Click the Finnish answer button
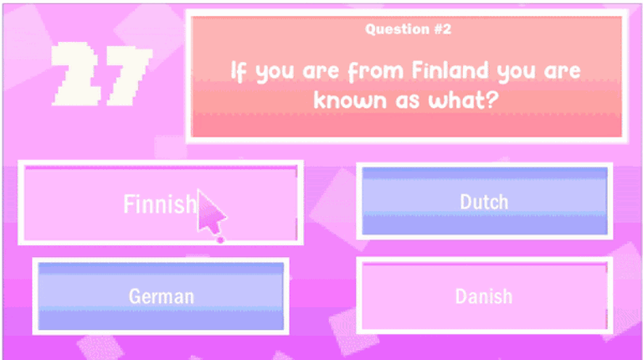click(x=159, y=203)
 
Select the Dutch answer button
click(x=484, y=202)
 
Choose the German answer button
click(x=161, y=296)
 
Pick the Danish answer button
click(x=484, y=296)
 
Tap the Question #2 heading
click(x=408, y=29)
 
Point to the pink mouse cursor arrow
click(x=210, y=213)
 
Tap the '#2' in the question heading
click(x=442, y=29)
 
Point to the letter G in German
click(x=135, y=296)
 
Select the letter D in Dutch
click(x=466, y=202)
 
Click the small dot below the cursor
click(x=220, y=240)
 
